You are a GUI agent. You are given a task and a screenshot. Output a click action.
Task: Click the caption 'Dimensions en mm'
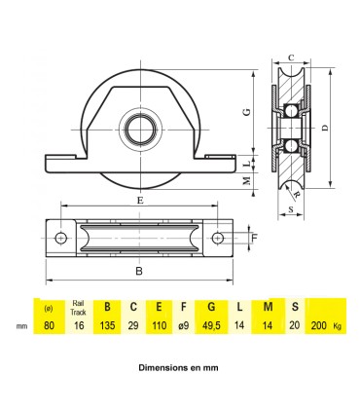click(180, 371)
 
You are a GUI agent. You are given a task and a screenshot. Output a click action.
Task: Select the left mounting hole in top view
click(61, 238)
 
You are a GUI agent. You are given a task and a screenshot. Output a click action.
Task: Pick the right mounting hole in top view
click(218, 238)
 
